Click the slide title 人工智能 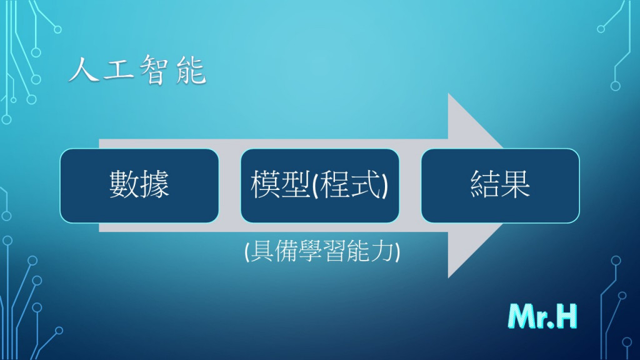point(137,70)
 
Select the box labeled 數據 point(139,186)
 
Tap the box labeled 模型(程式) point(319,186)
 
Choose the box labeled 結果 point(500,186)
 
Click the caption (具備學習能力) point(322,251)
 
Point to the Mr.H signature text point(542,316)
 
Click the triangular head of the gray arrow point(476,186)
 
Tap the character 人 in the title point(84,70)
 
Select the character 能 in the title point(191,70)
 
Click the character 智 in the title point(155,70)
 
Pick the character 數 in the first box point(124,184)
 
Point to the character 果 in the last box point(515,184)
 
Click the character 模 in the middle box point(265,184)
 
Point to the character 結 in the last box point(485,184)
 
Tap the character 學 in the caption point(310,251)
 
